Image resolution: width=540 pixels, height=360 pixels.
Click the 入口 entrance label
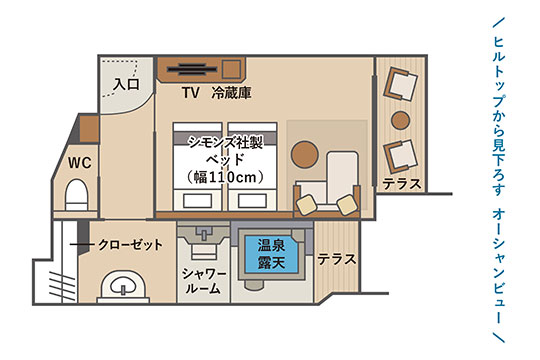126,84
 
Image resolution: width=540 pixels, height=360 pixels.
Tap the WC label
80,163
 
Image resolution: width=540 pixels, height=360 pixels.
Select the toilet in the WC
76,195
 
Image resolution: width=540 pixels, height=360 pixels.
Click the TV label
190,92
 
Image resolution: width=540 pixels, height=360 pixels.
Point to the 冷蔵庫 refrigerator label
231,92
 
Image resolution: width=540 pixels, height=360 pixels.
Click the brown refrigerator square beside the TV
231,69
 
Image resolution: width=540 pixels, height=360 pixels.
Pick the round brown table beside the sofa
304,154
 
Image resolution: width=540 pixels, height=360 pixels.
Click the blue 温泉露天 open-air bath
271,254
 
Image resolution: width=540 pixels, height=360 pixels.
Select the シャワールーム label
203,281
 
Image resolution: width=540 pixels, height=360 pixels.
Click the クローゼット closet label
130,245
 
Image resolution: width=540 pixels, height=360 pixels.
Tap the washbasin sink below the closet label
123,285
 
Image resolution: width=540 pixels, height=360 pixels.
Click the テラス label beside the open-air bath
336,259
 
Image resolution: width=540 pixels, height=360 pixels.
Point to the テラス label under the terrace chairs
402,184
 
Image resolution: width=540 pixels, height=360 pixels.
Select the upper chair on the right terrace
401,84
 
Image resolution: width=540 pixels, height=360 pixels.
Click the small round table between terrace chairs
401,120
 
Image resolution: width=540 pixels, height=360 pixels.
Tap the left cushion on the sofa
307,205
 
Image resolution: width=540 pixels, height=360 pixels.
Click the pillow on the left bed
197,200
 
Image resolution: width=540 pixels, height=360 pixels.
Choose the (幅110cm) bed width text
226,177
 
